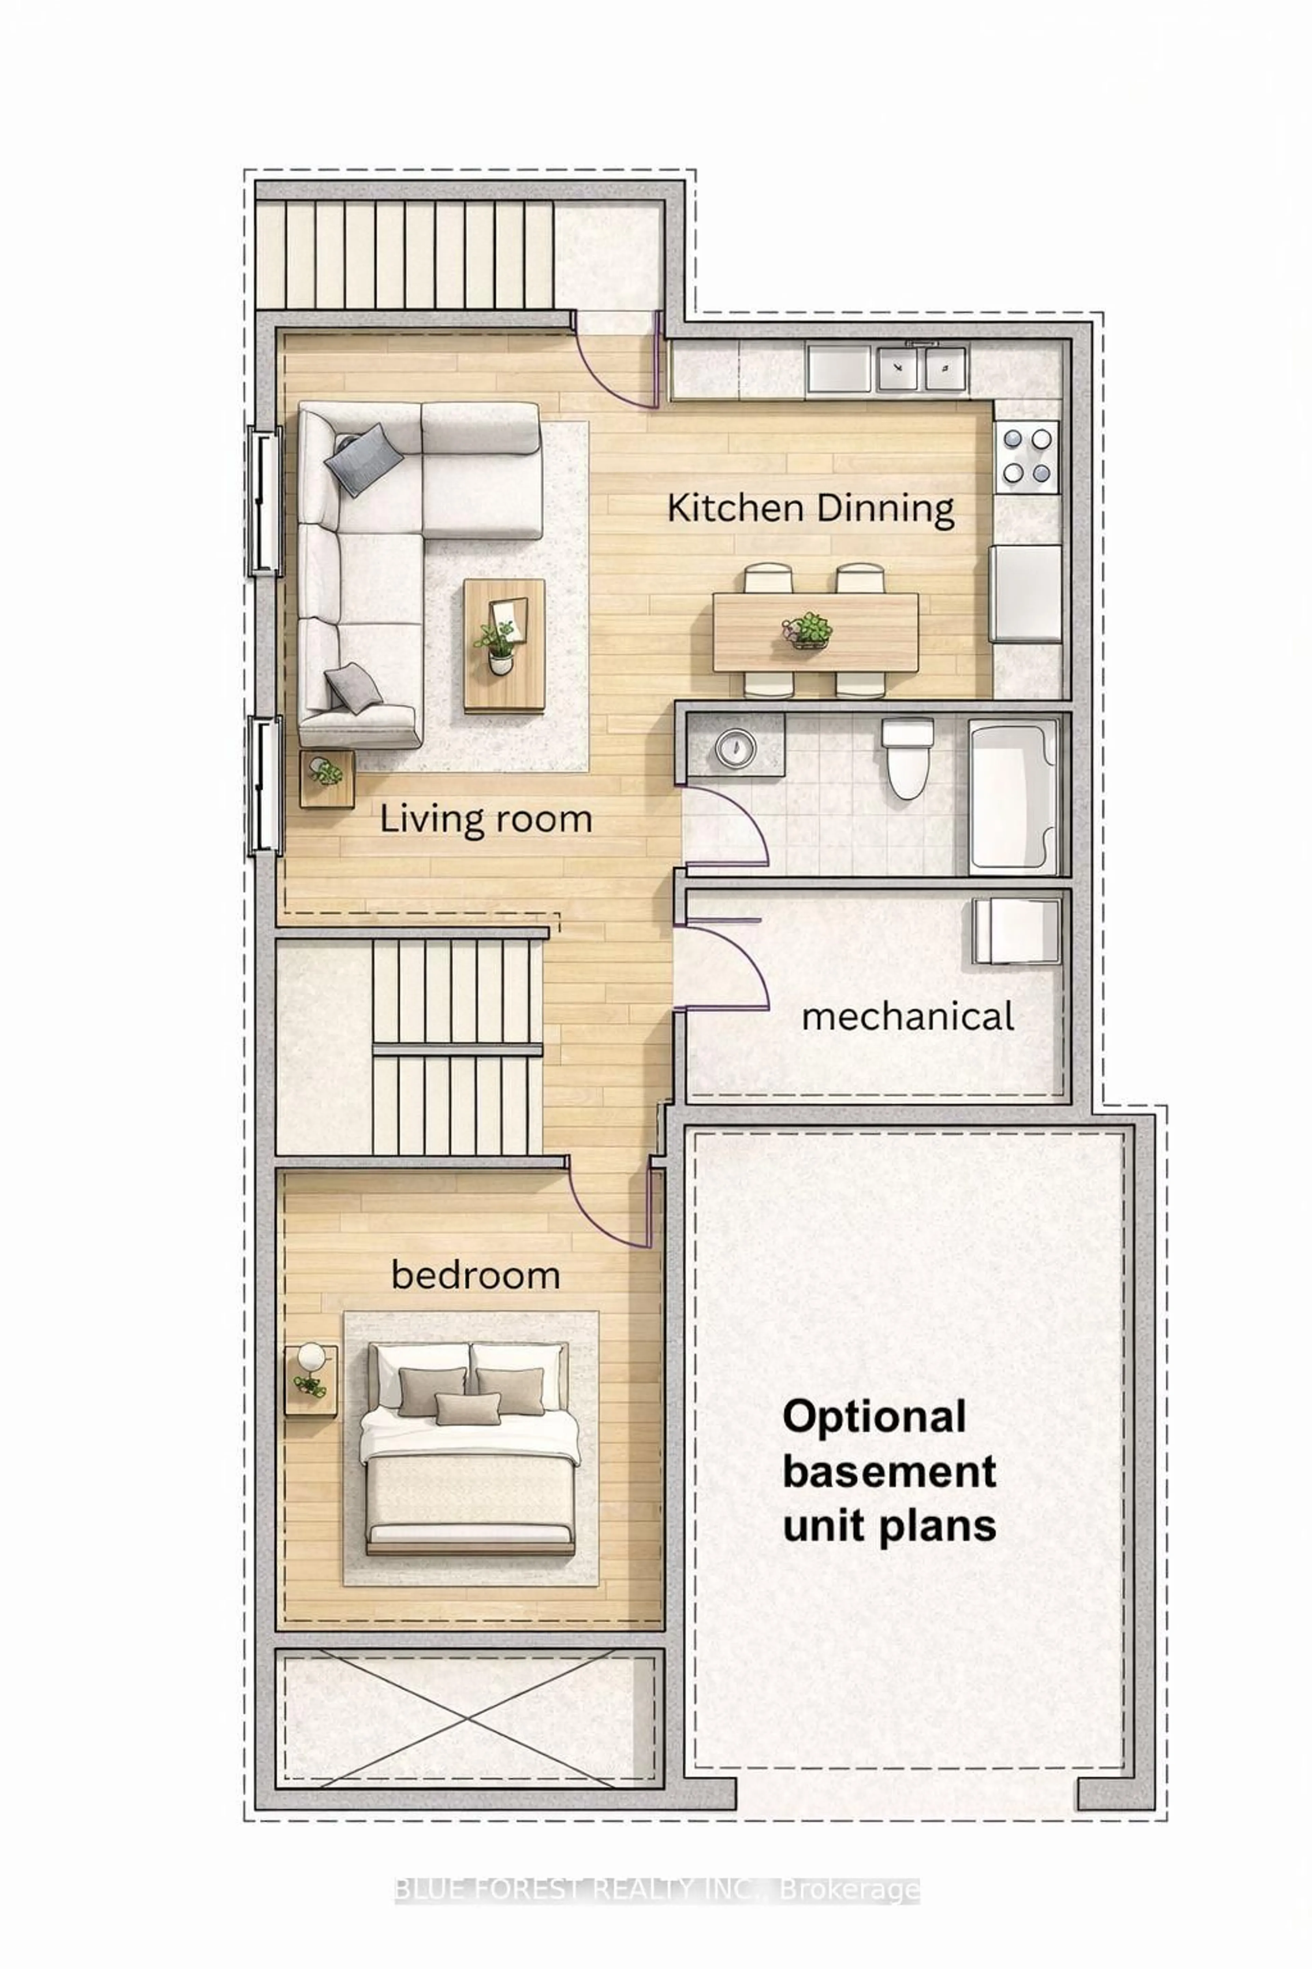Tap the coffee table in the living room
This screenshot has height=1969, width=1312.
[x=505, y=645]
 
